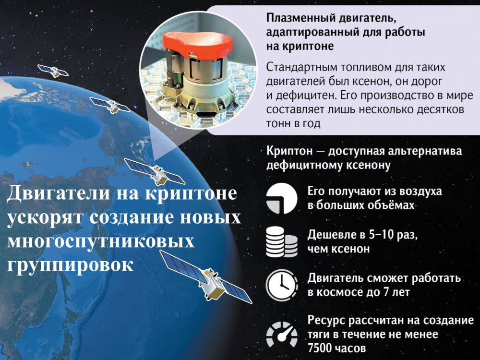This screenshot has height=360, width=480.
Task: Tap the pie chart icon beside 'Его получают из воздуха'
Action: click(x=281, y=198)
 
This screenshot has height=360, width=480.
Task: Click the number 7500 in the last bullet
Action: click(x=320, y=348)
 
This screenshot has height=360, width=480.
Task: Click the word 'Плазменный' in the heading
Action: click(x=300, y=18)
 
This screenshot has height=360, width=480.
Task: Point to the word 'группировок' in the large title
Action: click(x=70, y=265)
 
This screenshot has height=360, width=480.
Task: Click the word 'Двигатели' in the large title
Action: click(x=58, y=193)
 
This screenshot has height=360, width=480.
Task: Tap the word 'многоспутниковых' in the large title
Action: click(x=101, y=241)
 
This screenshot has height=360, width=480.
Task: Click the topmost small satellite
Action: click(x=53, y=71)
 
